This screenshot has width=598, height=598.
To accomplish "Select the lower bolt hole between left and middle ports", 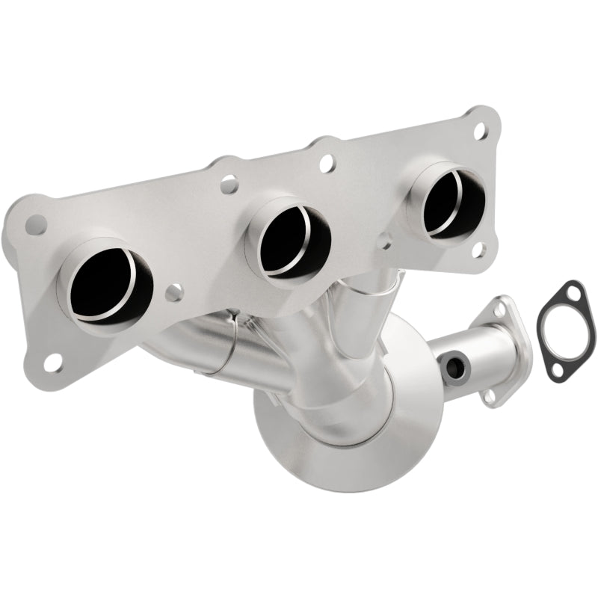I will (x=173, y=293).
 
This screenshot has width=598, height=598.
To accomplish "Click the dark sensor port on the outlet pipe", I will (x=452, y=366).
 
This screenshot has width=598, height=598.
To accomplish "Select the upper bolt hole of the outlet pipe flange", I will (x=499, y=306).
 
